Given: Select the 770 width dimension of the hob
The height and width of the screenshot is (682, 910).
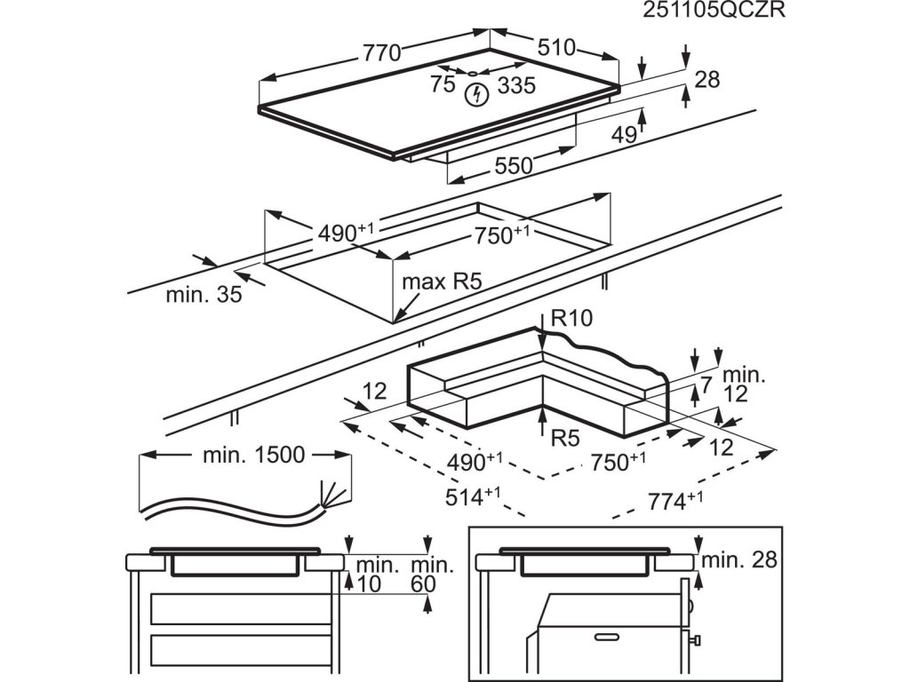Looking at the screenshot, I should pos(381,52).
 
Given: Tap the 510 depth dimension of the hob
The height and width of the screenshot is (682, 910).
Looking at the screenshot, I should pos(555,47).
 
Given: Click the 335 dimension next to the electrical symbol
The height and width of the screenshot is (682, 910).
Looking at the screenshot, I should pos(516,85).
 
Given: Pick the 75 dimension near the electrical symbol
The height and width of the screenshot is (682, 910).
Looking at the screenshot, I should pos(442,84).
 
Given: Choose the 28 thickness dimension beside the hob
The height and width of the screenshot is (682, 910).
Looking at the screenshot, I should pos(706,79).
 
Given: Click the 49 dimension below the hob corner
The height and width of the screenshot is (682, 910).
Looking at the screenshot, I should pos(624,135).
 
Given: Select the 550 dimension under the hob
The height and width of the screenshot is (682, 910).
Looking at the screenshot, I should pos(513,165).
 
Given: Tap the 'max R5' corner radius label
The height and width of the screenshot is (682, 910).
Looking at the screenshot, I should pos(442,282).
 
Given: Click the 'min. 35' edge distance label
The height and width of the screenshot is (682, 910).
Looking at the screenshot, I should pos(204,295).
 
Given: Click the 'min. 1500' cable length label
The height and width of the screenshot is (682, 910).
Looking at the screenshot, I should pos(253,456).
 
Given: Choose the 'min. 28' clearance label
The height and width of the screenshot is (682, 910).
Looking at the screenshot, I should pos(739,560).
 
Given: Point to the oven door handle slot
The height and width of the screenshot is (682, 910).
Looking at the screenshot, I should pos(608,638).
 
